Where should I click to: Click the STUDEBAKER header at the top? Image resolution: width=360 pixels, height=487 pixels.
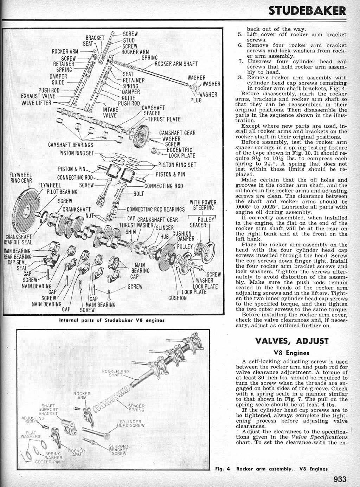click(x=307, y=11)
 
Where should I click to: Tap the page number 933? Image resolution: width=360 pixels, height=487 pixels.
click(x=340, y=479)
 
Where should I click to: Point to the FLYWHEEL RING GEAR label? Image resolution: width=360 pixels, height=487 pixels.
click(x=21, y=178)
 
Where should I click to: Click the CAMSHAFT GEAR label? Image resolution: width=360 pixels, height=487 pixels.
click(x=177, y=133)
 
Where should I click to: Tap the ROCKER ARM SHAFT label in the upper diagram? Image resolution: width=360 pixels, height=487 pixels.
click(x=176, y=64)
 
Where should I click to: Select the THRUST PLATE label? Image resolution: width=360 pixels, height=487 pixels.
click(x=164, y=119)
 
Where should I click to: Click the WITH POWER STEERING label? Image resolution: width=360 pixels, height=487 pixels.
click(x=203, y=205)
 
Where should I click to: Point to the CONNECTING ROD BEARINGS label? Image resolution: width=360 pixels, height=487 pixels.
click(x=155, y=210)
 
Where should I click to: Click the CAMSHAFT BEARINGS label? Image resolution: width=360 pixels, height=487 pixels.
click(x=71, y=145)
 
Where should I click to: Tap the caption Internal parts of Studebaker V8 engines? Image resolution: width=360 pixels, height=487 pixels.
click(x=112, y=320)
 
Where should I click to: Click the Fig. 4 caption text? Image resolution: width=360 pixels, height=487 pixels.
click(x=271, y=469)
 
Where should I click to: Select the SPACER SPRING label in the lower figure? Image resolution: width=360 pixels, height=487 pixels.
click(x=136, y=408)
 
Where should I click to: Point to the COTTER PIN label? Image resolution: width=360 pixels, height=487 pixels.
click(x=47, y=462)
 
